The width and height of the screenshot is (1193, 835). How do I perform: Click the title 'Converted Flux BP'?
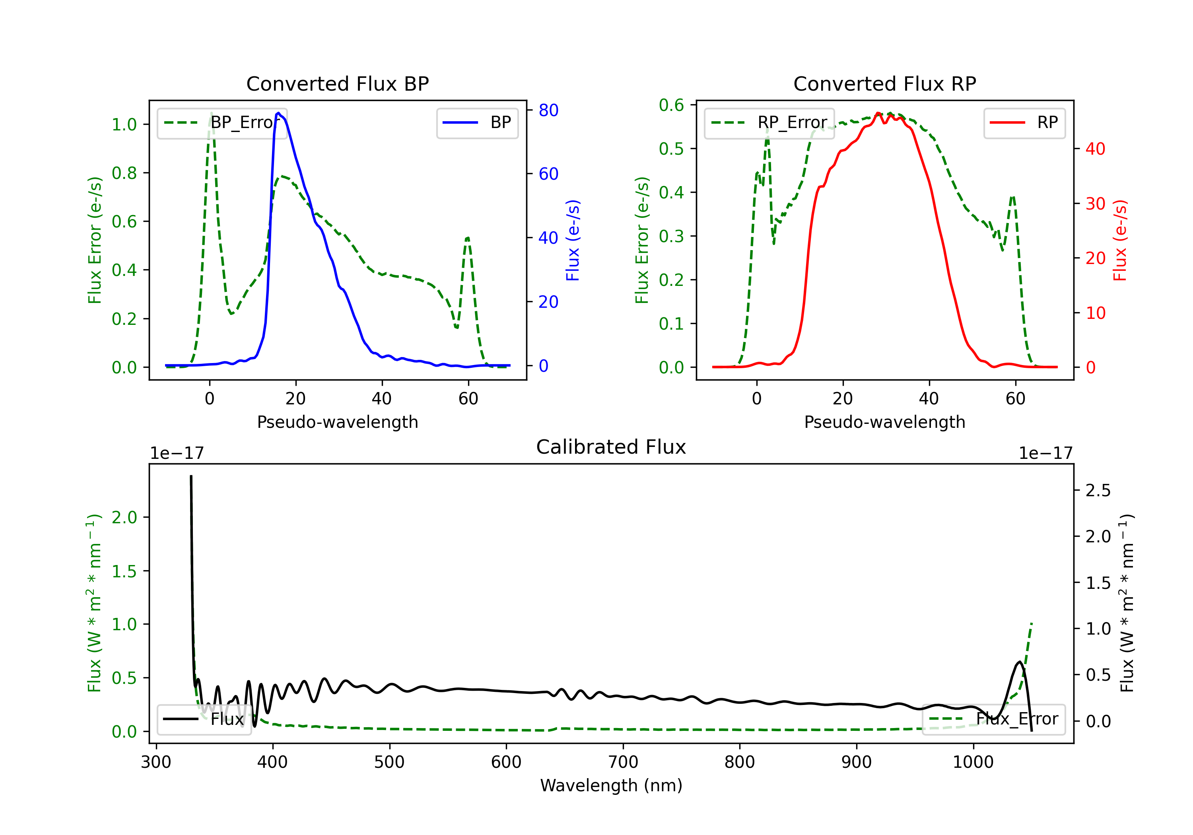tap(338, 83)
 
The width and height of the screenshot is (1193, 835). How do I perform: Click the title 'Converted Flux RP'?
tap(885, 83)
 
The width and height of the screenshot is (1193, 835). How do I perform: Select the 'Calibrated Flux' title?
tap(611, 447)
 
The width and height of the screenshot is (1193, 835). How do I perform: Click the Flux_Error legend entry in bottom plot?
tap(993, 719)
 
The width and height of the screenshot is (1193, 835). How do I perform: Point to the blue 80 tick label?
tap(549, 110)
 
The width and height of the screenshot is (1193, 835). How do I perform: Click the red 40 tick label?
tap(1095, 149)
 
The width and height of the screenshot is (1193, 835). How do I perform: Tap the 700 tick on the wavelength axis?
tap(623, 762)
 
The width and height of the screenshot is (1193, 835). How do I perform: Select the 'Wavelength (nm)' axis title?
tap(611, 785)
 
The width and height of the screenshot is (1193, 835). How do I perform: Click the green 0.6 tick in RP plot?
tap(671, 105)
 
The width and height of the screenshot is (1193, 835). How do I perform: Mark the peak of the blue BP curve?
tap(278, 113)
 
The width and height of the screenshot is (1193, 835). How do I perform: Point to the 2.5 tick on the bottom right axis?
tap(1098, 491)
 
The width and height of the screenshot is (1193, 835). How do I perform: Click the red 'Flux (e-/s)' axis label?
tap(1120, 240)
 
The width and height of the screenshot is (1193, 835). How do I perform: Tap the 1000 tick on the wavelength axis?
tap(973, 762)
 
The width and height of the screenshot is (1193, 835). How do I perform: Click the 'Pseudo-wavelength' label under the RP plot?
tap(885, 422)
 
